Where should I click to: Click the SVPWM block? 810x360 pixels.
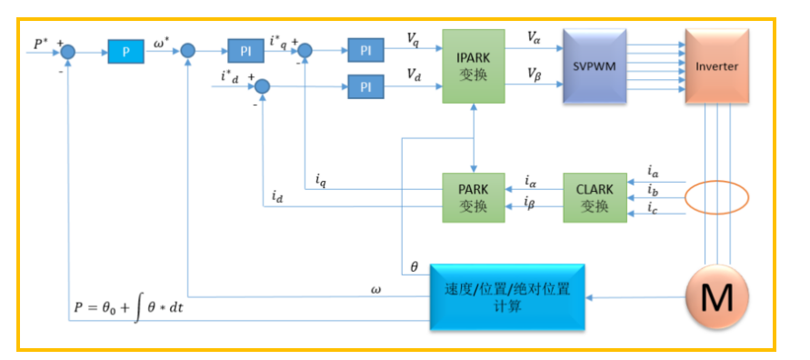pos(595,66)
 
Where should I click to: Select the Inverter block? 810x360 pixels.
pos(716,66)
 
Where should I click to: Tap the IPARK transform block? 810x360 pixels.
pos(474,66)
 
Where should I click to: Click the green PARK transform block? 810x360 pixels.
pos(474,198)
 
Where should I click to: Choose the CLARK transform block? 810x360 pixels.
pos(595,198)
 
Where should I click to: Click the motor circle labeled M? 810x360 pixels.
pos(717,297)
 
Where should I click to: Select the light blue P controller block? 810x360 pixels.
pos(125,51)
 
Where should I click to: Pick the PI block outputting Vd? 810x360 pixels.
pos(365,86)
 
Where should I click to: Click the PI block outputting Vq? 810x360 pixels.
pos(365,51)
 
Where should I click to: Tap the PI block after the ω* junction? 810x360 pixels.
pos(245,51)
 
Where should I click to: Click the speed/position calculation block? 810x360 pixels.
pos(508,297)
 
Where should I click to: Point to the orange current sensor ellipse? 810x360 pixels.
pos(716,198)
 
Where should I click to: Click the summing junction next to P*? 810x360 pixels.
pos(68,51)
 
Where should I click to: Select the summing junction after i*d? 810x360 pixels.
pos(263,86)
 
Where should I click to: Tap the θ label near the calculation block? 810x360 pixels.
pos(414,266)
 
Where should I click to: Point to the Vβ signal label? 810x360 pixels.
pos(535,73)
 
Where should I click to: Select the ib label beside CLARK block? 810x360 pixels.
pos(653,192)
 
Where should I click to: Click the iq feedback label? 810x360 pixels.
pos(321,180)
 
